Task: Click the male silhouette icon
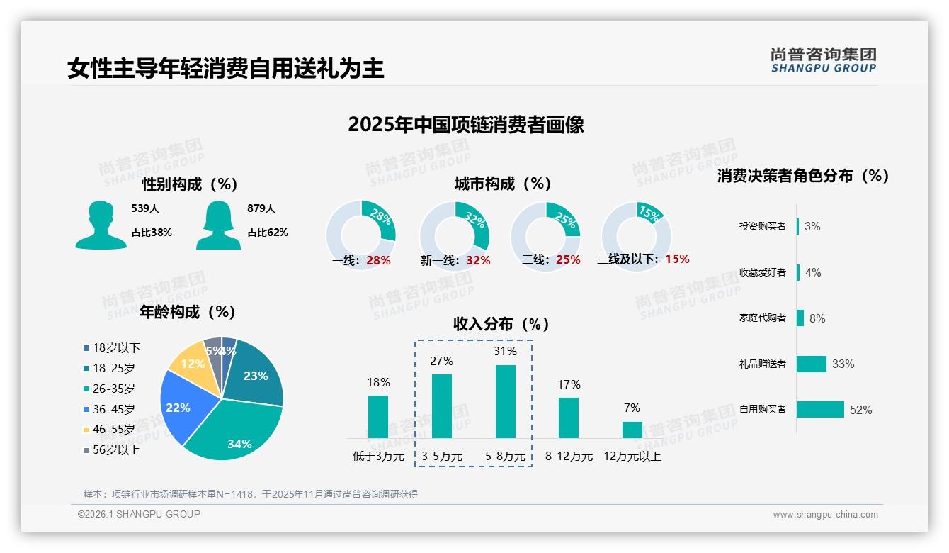click(101, 225)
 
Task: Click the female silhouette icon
click(218, 225)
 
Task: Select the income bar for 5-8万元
click(505, 401)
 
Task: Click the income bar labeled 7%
click(632, 430)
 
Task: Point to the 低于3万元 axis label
click(378, 457)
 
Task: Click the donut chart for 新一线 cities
click(454, 236)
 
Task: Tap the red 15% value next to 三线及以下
click(677, 259)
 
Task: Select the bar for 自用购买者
click(820, 409)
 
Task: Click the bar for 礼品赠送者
click(811, 364)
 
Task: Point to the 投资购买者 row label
click(762, 226)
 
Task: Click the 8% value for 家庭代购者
click(817, 318)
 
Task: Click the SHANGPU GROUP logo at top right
click(824, 60)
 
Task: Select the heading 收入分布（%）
click(501, 325)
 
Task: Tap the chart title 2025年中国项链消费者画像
click(465, 125)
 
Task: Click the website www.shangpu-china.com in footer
click(825, 515)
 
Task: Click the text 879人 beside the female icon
click(261, 208)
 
